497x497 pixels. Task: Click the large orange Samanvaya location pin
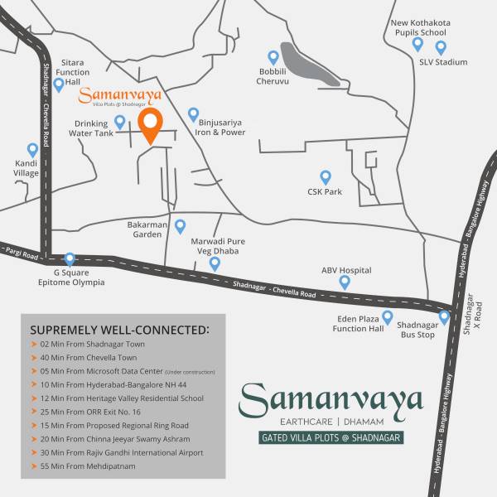point(150,126)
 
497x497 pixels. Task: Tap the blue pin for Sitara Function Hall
point(59,84)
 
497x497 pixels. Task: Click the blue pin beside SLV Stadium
point(441,47)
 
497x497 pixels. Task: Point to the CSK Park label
point(325,192)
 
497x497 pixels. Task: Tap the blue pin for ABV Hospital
point(345,282)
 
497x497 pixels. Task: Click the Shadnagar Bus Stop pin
point(444,316)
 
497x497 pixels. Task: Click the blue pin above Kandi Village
point(32,150)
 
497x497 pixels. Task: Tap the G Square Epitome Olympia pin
point(70,259)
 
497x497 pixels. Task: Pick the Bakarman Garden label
point(149,229)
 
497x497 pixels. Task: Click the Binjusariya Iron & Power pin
point(194,113)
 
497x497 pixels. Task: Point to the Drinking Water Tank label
point(91,128)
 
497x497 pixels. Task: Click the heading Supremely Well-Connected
point(120,330)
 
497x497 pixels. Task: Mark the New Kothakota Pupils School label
point(419,27)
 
